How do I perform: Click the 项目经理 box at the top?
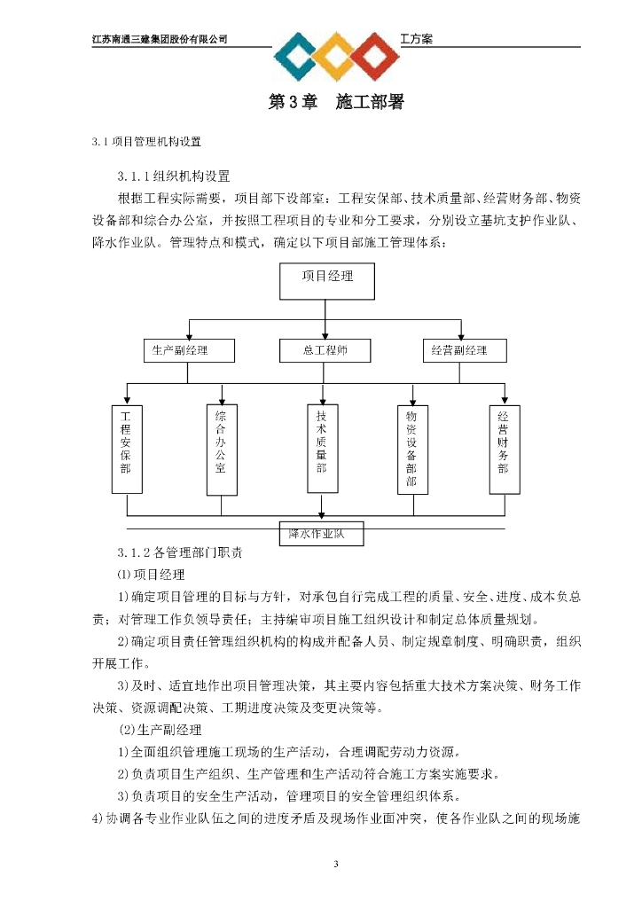tap(327, 283)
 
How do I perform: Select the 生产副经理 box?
tap(188, 350)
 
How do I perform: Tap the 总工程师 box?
tap(325, 350)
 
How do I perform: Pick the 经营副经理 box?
tap(466, 350)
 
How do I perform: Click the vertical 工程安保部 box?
tap(126, 449)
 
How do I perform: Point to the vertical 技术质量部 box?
tap(321, 448)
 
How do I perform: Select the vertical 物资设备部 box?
tap(411, 449)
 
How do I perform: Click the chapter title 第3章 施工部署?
tap(336, 103)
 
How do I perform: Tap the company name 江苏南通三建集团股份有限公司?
tap(160, 39)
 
